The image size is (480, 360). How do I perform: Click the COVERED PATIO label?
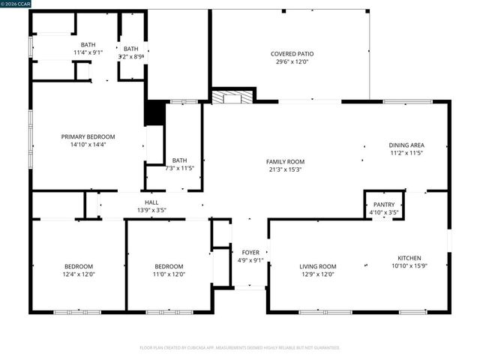tap(292, 54)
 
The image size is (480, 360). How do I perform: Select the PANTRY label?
tap(384, 204)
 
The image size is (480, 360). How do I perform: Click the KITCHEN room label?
tap(409, 258)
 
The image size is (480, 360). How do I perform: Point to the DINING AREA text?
tap(406, 145)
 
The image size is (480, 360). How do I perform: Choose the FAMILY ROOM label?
tap(285, 161)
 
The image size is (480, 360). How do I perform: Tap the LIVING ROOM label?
tap(318, 266)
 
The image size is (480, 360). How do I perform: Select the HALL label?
tap(151, 202)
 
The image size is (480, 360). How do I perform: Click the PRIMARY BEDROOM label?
tap(88, 136)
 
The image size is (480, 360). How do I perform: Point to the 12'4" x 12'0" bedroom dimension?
tap(78, 275)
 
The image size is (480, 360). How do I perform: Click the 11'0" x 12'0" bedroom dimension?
tap(169, 275)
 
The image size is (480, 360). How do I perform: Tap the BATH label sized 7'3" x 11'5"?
tap(179, 160)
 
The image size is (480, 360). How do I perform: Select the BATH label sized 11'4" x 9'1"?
tap(88, 44)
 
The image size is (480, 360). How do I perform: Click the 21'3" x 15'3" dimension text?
tap(285, 169)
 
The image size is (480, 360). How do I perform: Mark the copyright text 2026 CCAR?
tap(17, 4)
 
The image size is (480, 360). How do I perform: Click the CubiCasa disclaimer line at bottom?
tap(240, 348)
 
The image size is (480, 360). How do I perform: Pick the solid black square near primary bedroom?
tap(154, 113)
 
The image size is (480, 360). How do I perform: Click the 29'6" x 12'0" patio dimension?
tap(292, 62)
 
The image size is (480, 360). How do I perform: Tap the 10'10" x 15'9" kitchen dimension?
tap(409, 266)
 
